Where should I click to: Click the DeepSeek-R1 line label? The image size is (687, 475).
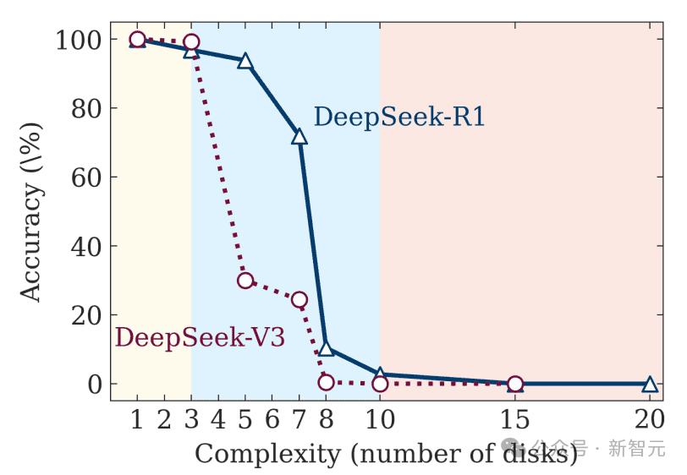coord(399,117)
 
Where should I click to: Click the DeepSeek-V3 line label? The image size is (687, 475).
coord(200,337)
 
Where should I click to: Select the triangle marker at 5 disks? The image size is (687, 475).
coord(245,61)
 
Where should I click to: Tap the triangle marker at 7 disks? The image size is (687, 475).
coord(300,136)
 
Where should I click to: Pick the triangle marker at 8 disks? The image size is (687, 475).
coord(326,348)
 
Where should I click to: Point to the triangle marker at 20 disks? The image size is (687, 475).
coord(650,384)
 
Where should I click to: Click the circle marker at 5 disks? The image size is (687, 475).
coord(245,281)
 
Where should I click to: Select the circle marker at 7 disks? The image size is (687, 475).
coord(300,300)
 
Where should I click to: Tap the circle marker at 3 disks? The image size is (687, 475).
coord(191,42)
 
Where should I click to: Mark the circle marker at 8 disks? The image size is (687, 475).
coord(326,382)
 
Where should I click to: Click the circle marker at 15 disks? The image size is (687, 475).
coord(515,384)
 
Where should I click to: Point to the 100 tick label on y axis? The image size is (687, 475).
coord(80,40)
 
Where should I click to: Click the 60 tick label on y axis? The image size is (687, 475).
coord(87,177)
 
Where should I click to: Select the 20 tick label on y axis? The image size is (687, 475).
coord(87,315)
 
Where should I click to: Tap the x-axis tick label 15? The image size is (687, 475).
coord(515,419)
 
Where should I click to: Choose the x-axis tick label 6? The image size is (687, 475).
coord(272,419)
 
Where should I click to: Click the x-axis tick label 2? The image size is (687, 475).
coord(164,419)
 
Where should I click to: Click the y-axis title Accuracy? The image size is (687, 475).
coord(30,242)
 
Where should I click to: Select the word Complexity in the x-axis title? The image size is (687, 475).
coord(267,455)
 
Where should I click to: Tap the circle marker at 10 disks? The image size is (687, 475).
coord(380,384)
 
